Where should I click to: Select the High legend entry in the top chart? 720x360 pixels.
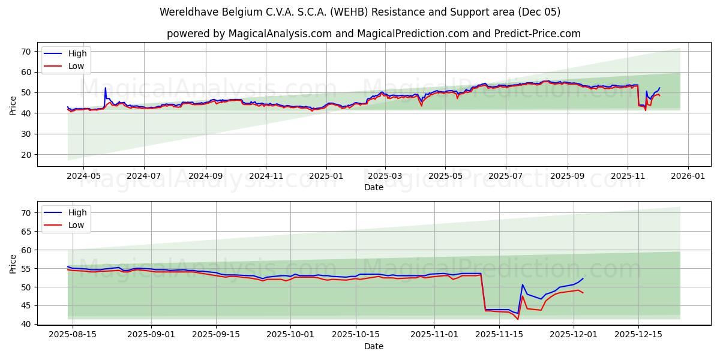coord(77,53)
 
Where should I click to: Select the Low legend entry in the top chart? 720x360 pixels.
coord(76,66)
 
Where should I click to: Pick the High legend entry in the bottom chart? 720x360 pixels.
coord(77,212)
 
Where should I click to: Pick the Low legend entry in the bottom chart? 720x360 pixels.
coord(76,225)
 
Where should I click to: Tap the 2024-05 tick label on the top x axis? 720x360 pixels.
coord(83,176)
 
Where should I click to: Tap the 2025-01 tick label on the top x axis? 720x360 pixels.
coord(326,176)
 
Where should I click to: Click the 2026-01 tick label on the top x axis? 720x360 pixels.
coord(688,176)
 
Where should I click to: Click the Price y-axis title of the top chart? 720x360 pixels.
coord(13,104)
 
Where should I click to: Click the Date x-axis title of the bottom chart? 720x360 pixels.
coord(373,346)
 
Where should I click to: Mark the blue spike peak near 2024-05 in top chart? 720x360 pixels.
coord(106,88)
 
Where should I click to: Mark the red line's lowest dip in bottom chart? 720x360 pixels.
coord(518,319)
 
